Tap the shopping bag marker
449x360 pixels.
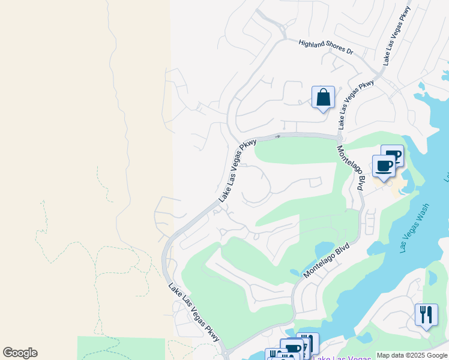[x=323, y=98]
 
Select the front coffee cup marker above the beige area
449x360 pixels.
[x=384, y=166]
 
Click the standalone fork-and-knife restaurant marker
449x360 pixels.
[x=426, y=314]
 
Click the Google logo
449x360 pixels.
[x=20, y=353]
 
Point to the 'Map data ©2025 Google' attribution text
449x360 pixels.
[x=412, y=355]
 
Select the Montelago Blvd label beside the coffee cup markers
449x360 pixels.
[x=351, y=169]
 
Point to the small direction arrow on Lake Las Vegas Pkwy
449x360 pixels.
[x=278, y=136]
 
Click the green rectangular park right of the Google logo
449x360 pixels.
[x=121, y=348]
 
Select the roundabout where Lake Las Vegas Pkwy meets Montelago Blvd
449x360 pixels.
[x=340, y=137]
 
